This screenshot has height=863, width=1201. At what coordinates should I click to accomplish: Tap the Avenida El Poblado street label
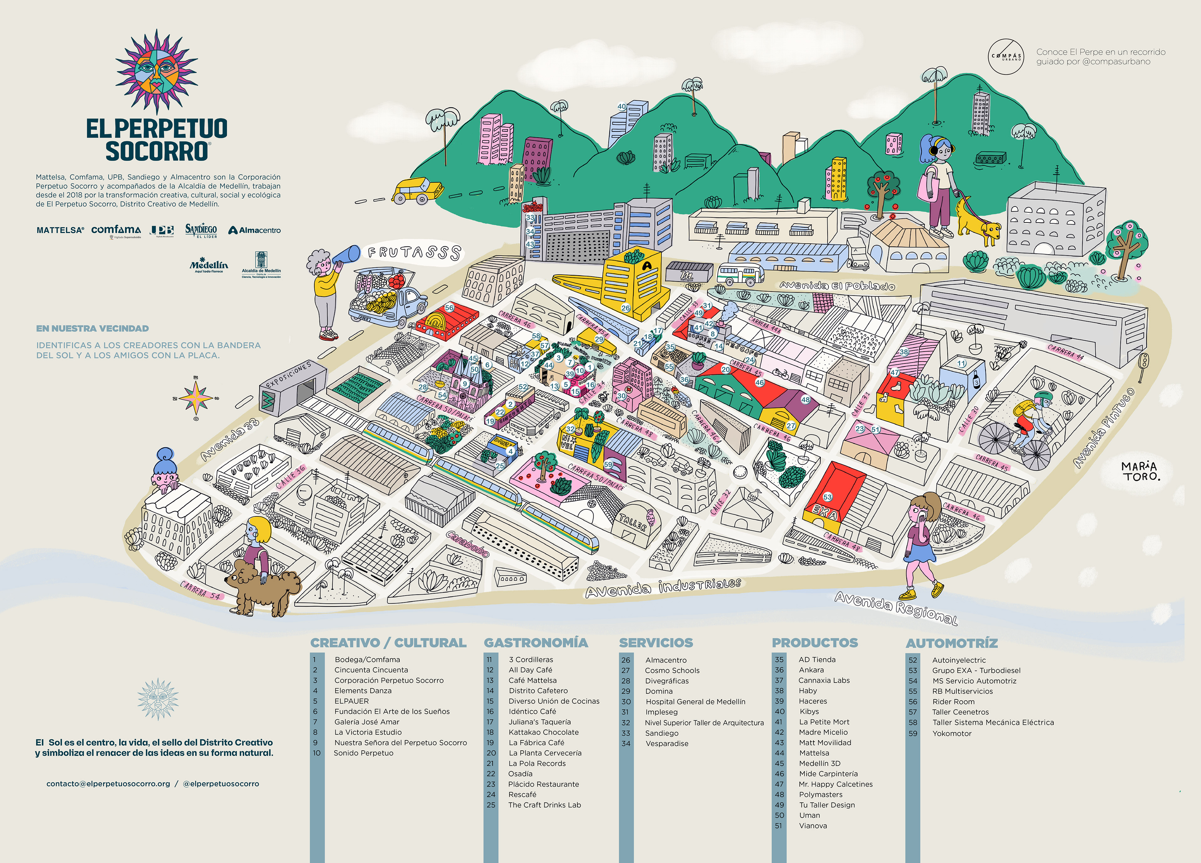point(837,286)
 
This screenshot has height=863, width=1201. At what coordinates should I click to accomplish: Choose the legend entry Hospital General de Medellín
point(695,702)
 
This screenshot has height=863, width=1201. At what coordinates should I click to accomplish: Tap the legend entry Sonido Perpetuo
point(363,753)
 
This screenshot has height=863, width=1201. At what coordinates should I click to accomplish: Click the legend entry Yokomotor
point(952,733)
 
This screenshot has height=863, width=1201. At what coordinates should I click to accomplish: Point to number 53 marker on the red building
point(828,497)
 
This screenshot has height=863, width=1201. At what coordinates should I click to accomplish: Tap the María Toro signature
point(1140,471)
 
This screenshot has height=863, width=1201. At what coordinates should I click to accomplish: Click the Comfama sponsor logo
point(116,230)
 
